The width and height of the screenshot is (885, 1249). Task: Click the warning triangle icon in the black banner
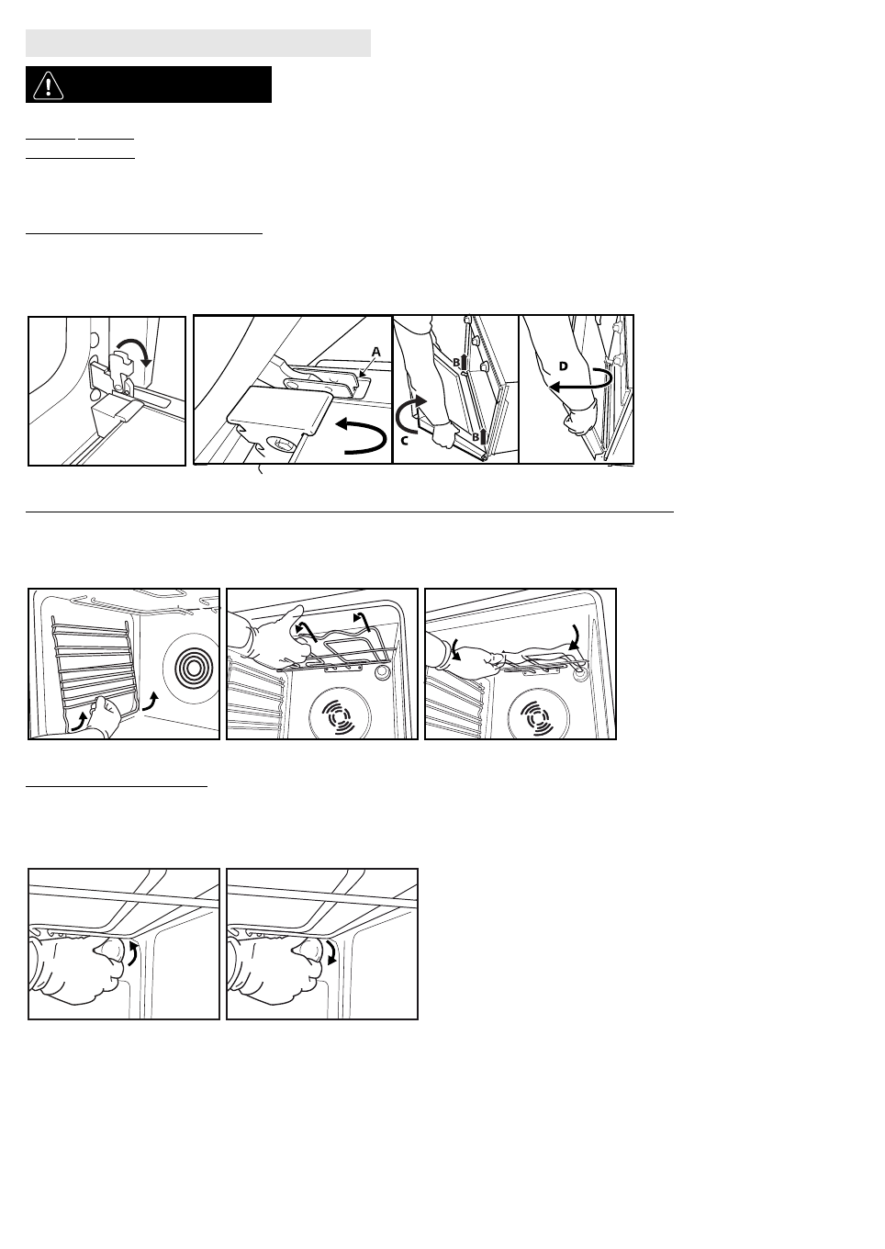click(x=48, y=84)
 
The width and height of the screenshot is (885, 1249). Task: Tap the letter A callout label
click(x=376, y=352)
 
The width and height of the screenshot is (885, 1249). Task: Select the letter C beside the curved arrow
click(x=405, y=441)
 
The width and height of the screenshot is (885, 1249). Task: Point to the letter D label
click(x=564, y=366)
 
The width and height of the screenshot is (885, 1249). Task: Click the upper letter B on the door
click(x=456, y=363)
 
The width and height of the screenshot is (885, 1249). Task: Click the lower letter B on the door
click(x=476, y=436)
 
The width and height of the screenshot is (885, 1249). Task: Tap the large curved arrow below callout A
click(x=361, y=435)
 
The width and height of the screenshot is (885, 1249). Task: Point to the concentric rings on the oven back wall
click(x=191, y=667)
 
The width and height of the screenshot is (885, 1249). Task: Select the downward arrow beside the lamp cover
click(x=331, y=952)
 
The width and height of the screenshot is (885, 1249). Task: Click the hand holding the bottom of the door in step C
click(x=444, y=433)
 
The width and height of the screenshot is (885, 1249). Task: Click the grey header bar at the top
click(x=198, y=43)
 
